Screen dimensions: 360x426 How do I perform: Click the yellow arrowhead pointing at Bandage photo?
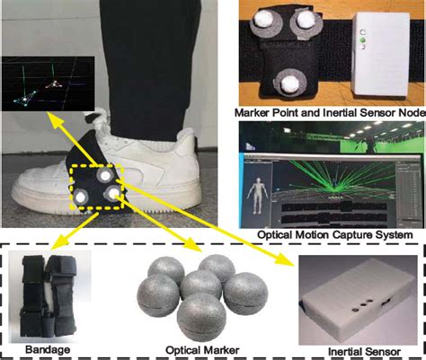[56, 245]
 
